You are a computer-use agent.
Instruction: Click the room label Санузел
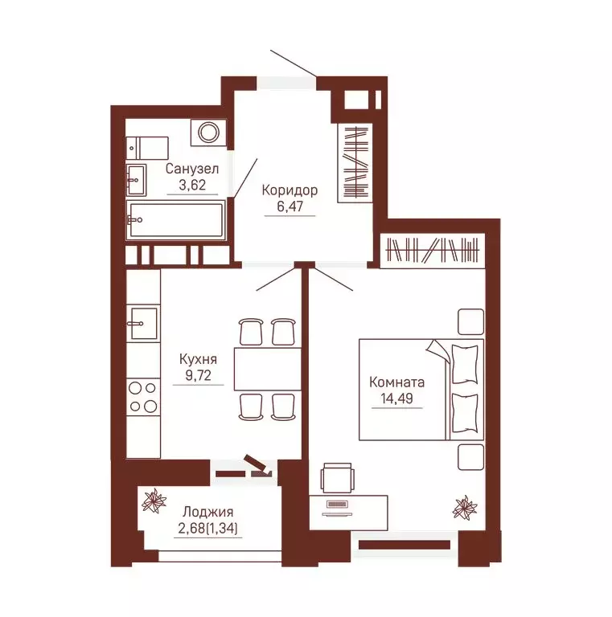tap(191, 169)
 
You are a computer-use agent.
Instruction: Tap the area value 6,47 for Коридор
tap(290, 206)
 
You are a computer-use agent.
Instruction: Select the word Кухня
tap(198, 359)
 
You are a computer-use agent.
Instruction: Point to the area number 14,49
tap(396, 398)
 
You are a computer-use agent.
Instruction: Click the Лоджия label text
tap(208, 512)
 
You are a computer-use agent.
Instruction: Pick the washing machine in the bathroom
tap(209, 133)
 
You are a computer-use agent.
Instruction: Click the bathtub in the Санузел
tap(175, 220)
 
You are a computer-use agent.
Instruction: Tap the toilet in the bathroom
tap(147, 149)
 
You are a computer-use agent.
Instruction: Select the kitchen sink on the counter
tap(143, 324)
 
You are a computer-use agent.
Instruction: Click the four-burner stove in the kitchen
tap(143, 397)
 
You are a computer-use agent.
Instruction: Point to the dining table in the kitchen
tap(268, 369)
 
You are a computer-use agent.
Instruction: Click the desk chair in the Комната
tap(337, 478)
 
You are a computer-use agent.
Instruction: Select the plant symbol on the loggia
tap(154, 501)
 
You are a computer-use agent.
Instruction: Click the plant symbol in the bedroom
tap(465, 507)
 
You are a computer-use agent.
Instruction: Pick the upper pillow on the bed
tap(465, 364)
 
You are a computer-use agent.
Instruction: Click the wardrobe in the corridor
tap(355, 163)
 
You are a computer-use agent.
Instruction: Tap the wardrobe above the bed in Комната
tap(433, 251)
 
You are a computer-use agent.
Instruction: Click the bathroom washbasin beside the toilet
tap(136, 180)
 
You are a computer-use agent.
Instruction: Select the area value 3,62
tap(192, 185)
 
